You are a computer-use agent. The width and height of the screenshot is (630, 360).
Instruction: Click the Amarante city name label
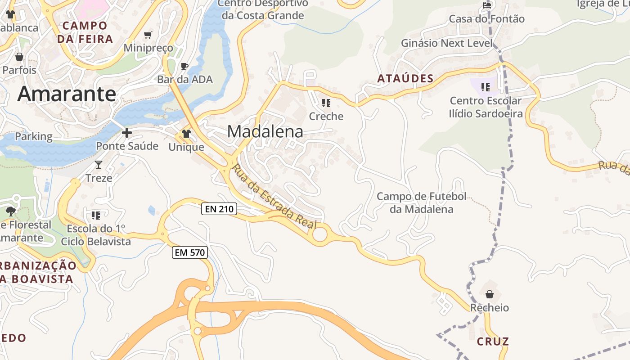[x=67, y=94]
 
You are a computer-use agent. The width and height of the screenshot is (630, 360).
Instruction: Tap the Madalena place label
[x=265, y=131]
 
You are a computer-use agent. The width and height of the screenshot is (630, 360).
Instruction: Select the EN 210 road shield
[x=219, y=209]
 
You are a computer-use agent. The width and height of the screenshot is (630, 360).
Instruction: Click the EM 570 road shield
[x=190, y=252]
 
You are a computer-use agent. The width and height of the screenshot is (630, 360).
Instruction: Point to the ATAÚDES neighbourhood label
[x=405, y=79]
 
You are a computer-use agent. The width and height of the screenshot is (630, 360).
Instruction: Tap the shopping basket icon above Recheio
[x=490, y=294]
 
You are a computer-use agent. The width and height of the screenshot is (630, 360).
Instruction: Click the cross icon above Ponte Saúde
[x=127, y=133]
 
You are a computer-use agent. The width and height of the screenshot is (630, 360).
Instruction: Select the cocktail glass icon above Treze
[x=99, y=165]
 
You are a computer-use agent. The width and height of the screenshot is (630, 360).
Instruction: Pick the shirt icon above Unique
[x=186, y=134]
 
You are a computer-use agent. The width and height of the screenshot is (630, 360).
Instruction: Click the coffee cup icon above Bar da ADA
[x=184, y=67]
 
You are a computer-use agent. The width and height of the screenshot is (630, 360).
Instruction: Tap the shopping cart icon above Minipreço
[x=148, y=35]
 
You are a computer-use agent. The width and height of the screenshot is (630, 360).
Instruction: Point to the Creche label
[x=326, y=116]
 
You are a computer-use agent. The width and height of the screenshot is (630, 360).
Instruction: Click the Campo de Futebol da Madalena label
[x=421, y=203]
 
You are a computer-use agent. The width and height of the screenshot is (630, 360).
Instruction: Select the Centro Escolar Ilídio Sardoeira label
[x=486, y=107]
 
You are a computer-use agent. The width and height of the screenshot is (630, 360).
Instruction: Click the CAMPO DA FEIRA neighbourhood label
[x=85, y=32]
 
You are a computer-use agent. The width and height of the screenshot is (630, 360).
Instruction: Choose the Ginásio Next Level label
[x=447, y=43]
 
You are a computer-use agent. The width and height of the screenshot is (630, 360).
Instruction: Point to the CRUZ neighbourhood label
[x=493, y=342]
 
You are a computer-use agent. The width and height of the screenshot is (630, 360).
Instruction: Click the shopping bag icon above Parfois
[x=19, y=57]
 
